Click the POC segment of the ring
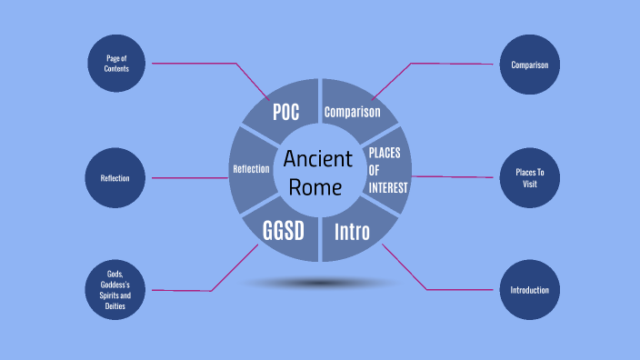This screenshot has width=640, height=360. coord(285,112)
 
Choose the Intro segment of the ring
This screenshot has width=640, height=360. coord(352,231)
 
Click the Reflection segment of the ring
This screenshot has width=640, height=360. coord(251,168)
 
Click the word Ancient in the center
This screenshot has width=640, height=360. coord(317,158)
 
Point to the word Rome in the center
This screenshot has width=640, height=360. coord(317,187)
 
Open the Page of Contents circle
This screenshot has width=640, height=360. coord(115,64)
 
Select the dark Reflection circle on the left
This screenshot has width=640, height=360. coord(115,178)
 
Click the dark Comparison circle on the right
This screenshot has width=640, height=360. coord(529,65)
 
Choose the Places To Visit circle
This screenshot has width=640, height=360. coord(529,177)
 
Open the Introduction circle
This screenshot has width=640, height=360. coord(529,291)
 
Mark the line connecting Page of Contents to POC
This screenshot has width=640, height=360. coord(195,64)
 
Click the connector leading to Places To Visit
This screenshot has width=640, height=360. coord(455,177)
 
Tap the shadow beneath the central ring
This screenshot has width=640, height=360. coord(318,284)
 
